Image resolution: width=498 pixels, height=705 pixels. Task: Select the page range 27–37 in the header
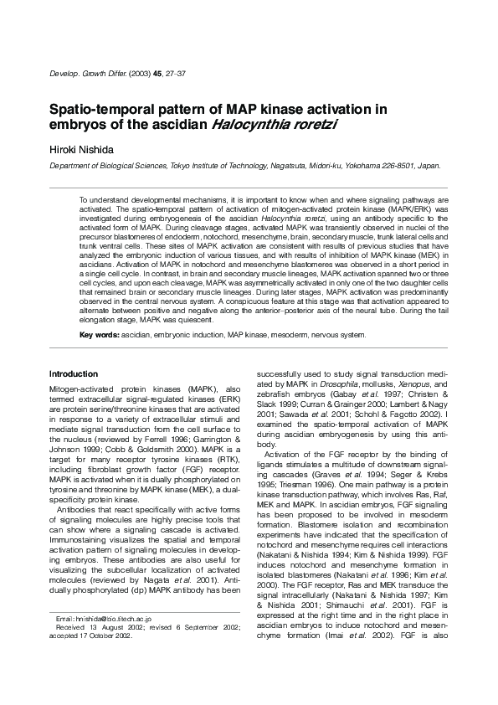(174, 74)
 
